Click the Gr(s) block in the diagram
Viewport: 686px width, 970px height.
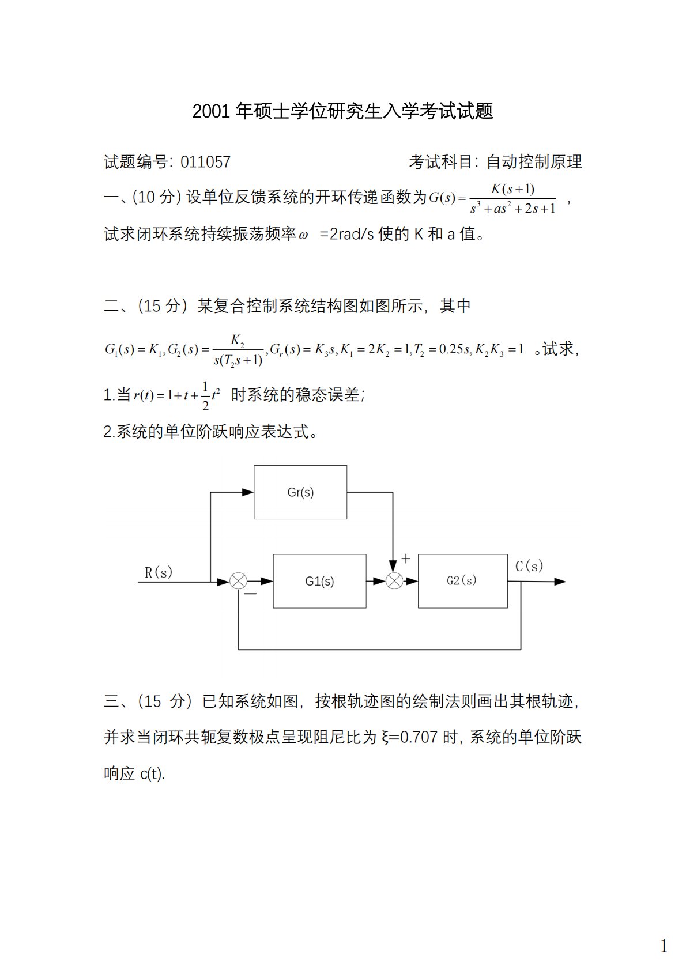pyautogui.click(x=300, y=492)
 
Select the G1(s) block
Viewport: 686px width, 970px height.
pyautogui.click(x=319, y=581)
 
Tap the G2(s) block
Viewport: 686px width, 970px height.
pyautogui.click(x=462, y=581)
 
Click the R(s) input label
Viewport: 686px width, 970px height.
pyautogui.click(x=159, y=572)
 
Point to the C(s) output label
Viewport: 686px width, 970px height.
pyautogui.click(x=529, y=566)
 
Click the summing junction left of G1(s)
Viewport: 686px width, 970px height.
pyautogui.click(x=238, y=582)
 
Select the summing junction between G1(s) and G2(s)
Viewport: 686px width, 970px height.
pyautogui.click(x=394, y=582)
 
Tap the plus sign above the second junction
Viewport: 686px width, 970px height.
pyautogui.click(x=406, y=558)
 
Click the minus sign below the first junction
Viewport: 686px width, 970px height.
pyautogui.click(x=251, y=594)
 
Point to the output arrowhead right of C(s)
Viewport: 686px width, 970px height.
pyautogui.click(x=560, y=582)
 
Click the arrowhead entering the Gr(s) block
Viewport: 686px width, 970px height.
pyautogui.click(x=248, y=492)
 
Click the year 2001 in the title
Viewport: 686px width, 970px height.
pyautogui.click(x=211, y=111)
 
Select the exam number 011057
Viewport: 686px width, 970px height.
pyautogui.click(x=205, y=162)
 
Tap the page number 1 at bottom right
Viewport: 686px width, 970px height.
pyautogui.click(x=664, y=946)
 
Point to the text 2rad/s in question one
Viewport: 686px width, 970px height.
pyautogui.click(x=352, y=234)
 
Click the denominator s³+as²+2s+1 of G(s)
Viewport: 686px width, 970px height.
pyautogui.click(x=512, y=209)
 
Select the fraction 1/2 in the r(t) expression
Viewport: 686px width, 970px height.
pyautogui.click(x=205, y=396)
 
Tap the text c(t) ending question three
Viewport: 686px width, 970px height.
pyautogui.click(x=152, y=773)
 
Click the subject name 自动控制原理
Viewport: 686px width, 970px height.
pyautogui.click(x=534, y=162)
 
